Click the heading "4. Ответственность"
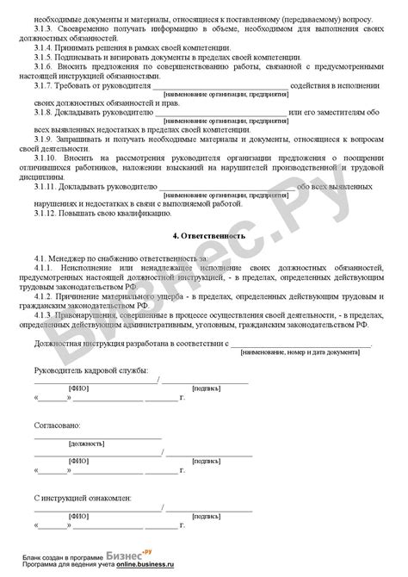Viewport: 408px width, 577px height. click(x=204, y=235)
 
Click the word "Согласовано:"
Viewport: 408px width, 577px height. click(x=57, y=426)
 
